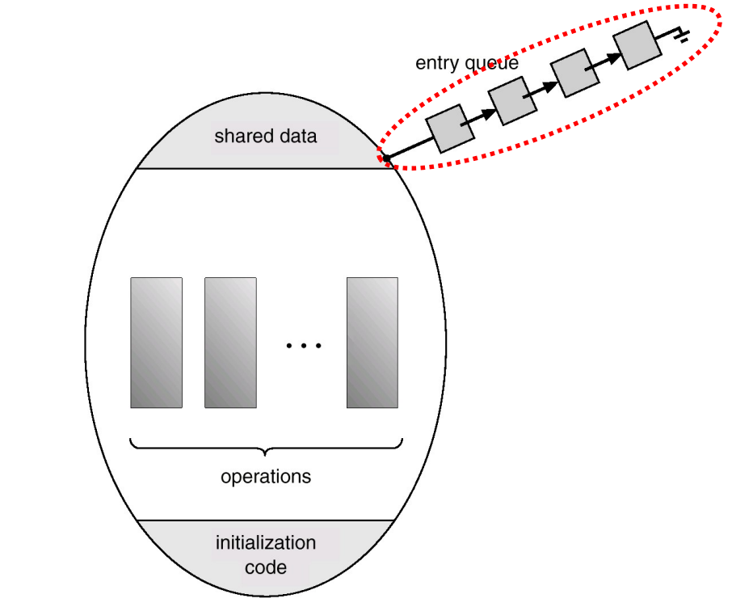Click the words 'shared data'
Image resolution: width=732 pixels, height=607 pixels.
(x=265, y=137)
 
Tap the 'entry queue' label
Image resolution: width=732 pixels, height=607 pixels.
(x=466, y=63)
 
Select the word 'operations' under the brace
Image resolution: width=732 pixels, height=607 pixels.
(x=265, y=476)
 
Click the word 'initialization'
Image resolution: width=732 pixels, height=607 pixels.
(x=265, y=542)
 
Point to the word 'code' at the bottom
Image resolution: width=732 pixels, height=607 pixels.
(x=265, y=567)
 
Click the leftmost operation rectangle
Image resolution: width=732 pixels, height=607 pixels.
(x=156, y=343)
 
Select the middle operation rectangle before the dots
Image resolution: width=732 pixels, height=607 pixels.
(x=230, y=343)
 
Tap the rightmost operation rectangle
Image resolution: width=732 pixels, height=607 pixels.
(x=372, y=343)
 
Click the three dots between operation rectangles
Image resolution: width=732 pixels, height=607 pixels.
(x=304, y=346)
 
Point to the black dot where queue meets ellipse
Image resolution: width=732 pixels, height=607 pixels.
(x=386, y=158)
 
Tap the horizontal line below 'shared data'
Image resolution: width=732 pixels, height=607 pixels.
(x=265, y=168)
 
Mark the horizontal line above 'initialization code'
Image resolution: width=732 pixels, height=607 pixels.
(x=265, y=521)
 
